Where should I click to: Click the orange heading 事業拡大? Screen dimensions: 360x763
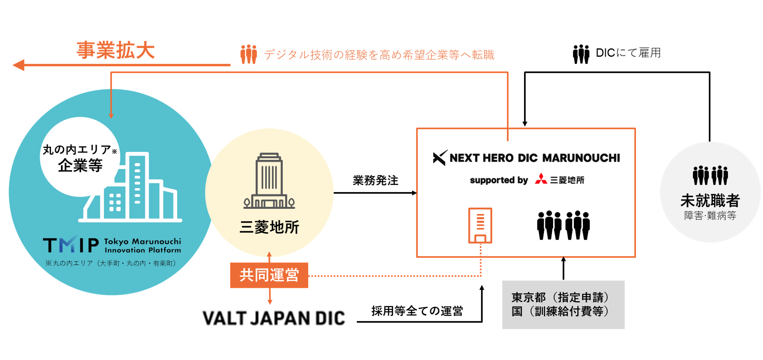coord(116,50)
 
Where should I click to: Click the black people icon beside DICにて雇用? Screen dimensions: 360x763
coord(581,54)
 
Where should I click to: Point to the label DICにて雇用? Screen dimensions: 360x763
coord(628,53)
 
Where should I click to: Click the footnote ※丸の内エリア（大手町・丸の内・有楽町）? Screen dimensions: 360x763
coord(110,263)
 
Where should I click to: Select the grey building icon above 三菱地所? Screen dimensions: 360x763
coord(269,181)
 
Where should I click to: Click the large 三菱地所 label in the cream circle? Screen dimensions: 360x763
coord(269,227)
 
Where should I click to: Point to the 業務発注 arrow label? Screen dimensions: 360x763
coord(375,180)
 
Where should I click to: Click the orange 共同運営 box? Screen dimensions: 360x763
coord(269,275)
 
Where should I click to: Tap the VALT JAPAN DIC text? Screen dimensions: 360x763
coord(274,318)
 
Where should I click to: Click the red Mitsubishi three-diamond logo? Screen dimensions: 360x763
coord(541,179)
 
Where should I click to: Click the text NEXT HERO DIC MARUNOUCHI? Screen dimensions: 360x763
coord(535,158)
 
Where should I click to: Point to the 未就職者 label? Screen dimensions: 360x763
coord(710,200)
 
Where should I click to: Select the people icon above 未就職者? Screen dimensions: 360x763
coord(710,175)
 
